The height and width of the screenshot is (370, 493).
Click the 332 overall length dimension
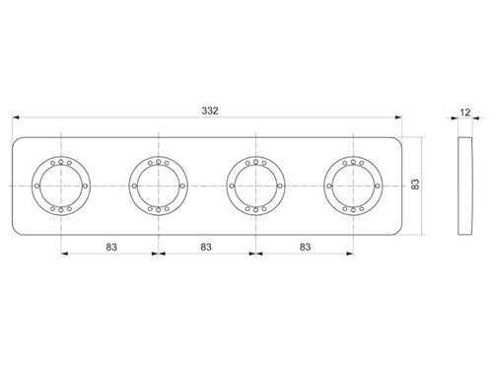point(210,111)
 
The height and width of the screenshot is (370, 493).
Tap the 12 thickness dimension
point(465,112)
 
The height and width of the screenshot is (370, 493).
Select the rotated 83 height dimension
point(415,185)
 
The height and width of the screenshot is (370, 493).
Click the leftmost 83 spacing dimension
point(111,247)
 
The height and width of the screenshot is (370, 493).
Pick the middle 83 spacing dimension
point(206,247)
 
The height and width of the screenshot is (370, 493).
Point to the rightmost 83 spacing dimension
point(305,247)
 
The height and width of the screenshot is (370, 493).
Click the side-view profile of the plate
point(465,185)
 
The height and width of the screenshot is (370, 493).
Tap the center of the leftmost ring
point(61,185)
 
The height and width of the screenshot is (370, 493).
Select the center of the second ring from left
point(159,185)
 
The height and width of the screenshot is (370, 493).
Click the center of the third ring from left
point(255,185)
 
